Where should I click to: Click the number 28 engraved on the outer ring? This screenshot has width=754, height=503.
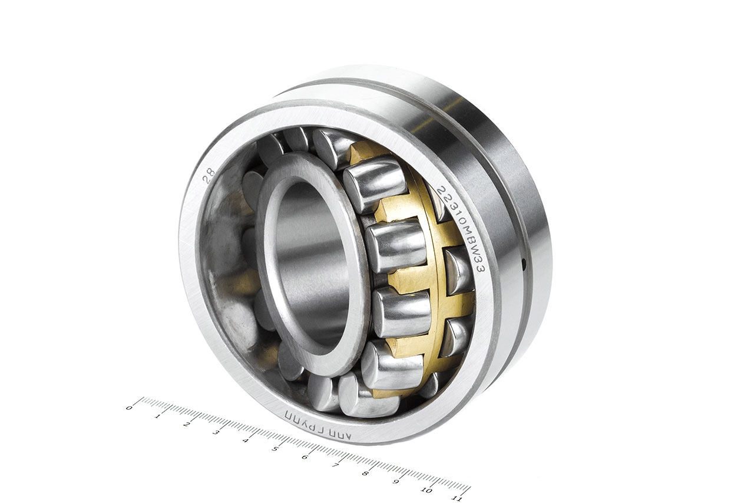point(209,176)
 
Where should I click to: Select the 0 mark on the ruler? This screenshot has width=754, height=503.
point(129,407)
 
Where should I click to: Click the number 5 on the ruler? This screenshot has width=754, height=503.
point(275,448)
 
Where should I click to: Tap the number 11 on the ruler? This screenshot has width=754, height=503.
point(455,498)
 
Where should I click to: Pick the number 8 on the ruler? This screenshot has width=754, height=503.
point(365,473)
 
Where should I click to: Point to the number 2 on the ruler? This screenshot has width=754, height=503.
point(187,423)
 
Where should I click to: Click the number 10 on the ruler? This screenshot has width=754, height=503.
point(425,490)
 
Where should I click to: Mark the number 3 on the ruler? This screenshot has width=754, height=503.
point(216,432)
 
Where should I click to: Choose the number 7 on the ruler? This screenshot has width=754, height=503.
point(335,465)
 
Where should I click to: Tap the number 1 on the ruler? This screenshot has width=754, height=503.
point(158,416)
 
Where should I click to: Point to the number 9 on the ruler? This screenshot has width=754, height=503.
point(396,482)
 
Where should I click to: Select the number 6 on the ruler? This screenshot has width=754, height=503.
point(305,456)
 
